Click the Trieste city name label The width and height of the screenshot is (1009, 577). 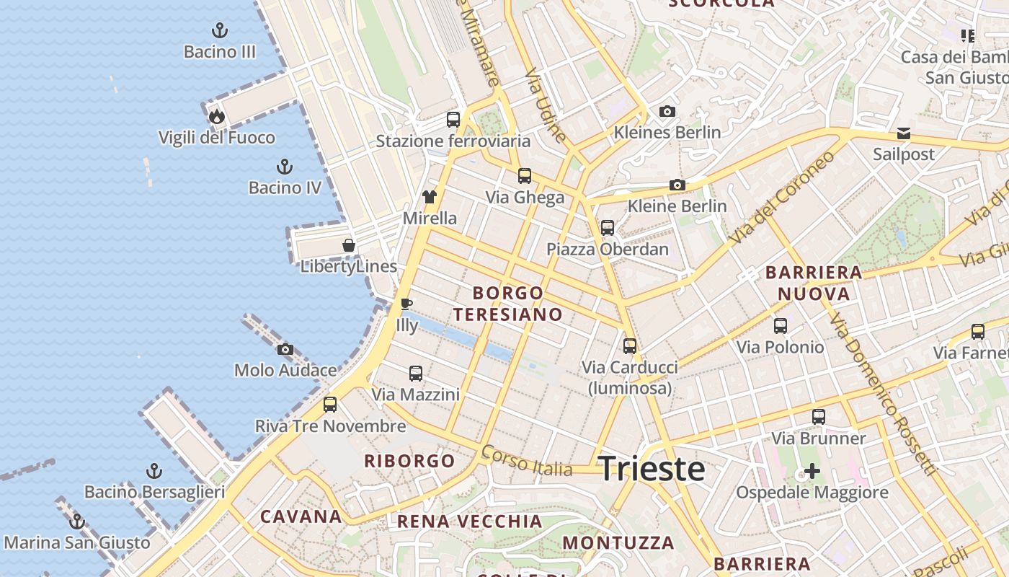click(x=652, y=469)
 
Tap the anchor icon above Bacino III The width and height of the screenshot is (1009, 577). click(x=220, y=30)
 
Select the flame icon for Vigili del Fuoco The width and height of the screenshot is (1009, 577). click(x=217, y=116)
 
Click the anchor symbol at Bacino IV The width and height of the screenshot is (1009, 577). click(x=285, y=167)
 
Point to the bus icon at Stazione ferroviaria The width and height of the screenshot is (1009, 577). click(x=453, y=119)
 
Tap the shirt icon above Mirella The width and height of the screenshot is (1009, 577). click(x=430, y=196)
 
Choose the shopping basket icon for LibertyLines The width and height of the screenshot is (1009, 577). click(x=349, y=245)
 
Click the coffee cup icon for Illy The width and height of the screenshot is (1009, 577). click(x=406, y=304)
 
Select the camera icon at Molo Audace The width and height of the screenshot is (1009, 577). click(x=285, y=349)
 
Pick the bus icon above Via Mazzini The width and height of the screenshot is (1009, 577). click(x=416, y=373)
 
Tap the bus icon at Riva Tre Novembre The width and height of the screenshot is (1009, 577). click(x=330, y=404)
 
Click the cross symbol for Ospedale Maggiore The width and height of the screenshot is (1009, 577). click(x=812, y=472)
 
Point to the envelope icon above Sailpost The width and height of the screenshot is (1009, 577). click(x=904, y=133)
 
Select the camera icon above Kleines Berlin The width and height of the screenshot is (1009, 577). click(x=667, y=111)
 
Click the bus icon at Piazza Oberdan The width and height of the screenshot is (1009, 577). click(x=608, y=228)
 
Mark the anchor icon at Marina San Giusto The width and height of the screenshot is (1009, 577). click(x=77, y=521)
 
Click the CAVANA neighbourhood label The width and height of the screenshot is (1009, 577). click(x=301, y=516)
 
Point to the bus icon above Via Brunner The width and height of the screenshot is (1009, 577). click(x=819, y=416)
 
